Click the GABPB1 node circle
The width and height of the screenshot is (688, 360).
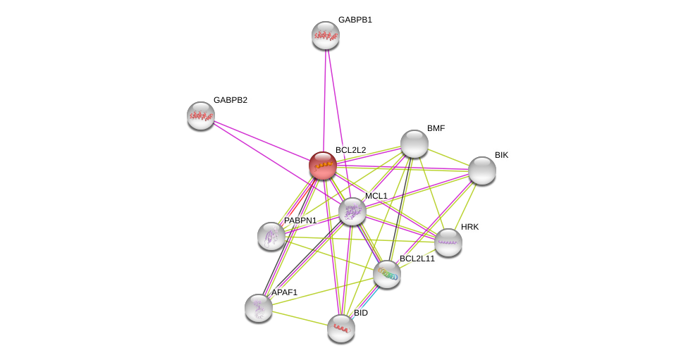pyautogui.click(x=326, y=35)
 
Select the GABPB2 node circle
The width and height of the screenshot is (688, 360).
pyautogui.click(x=201, y=116)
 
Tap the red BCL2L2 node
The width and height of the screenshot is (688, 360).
pyautogui.click(x=323, y=166)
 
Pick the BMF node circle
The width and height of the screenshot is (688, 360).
pyautogui.click(x=414, y=144)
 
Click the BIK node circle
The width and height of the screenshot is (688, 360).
pyautogui.click(x=482, y=170)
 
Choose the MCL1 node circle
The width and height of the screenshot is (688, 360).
pyautogui.click(x=352, y=211)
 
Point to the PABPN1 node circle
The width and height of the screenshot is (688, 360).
pyautogui.click(x=271, y=236)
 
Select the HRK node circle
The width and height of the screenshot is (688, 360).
pyautogui.click(x=448, y=242)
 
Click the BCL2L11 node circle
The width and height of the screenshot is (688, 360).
pyautogui.click(x=387, y=274)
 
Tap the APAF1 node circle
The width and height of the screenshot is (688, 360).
pyautogui.click(x=259, y=308)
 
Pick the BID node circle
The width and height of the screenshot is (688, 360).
pyautogui.click(x=341, y=328)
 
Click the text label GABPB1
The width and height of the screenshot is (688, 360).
pyautogui.click(x=355, y=20)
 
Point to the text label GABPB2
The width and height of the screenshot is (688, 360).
pyautogui.click(x=231, y=100)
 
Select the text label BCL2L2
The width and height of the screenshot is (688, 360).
pyautogui.click(x=350, y=150)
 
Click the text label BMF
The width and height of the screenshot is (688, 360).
pyautogui.click(x=436, y=128)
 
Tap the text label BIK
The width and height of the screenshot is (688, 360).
pyautogui.click(x=501, y=155)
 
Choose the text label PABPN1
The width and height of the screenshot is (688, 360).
pyautogui.click(x=300, y=221)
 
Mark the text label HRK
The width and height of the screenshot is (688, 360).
pyautogui.click(x=469, y=227)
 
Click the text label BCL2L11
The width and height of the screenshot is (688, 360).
pyautogui.click(x=417, y=259)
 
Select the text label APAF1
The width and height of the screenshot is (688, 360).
pyautogui.click(x=285, y=292)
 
